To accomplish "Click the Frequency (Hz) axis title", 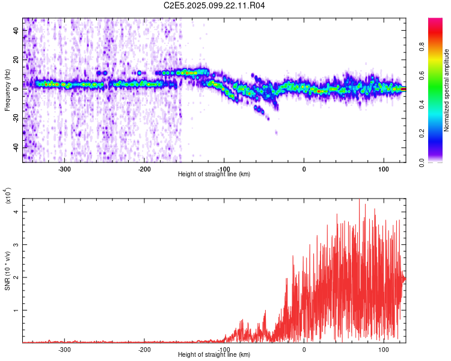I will tap(7, 90).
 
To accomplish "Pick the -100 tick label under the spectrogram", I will tap(224, 168).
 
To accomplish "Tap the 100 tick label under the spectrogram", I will tap(383, 168).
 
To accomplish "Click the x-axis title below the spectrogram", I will tap(214, 174).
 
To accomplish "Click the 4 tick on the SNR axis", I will tap(17, 212).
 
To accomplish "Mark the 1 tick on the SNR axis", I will tap(17, 310).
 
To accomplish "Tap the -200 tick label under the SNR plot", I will tap(144, 349).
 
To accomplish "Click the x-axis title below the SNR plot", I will tap(214, 355).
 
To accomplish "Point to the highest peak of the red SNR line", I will tap(359, 201).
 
